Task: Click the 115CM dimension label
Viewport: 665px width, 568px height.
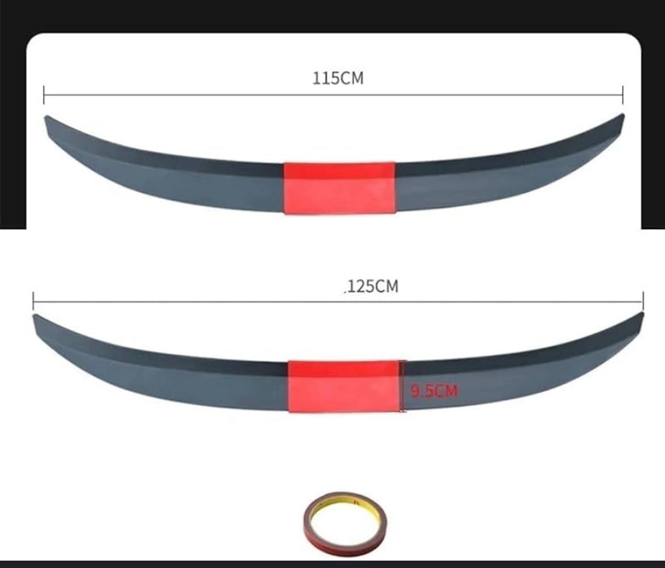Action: [338, 78]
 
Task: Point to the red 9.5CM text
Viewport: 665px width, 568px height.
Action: [434, 391]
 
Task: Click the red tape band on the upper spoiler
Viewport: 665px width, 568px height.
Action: [339, 188]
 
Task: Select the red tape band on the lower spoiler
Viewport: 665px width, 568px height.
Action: [344, 386]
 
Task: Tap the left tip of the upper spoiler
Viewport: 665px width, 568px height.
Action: [46, 118]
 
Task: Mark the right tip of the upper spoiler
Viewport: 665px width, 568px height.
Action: [622, 115]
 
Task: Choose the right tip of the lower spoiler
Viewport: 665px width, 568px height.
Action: [642, 314]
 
